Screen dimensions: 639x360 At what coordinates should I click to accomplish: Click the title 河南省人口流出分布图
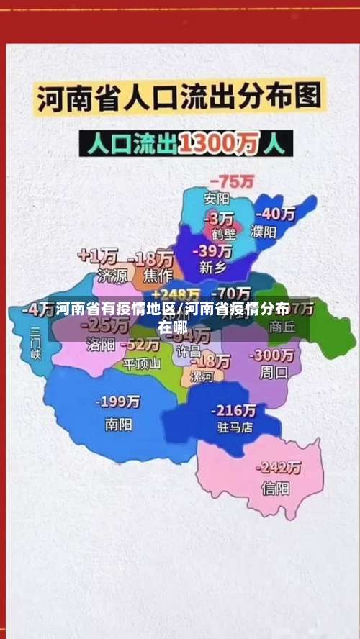(179, 99)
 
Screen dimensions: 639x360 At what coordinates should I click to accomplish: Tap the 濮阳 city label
(264, 232)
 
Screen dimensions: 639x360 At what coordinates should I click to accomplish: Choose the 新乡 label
(213, 267)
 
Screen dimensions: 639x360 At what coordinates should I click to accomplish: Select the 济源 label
(112, 275)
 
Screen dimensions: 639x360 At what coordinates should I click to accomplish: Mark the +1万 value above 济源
(98, 256)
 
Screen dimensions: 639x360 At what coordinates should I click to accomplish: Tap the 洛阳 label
(100, 345)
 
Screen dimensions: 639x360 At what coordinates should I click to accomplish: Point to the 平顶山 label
(142, 363)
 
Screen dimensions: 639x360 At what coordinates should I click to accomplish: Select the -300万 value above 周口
(271, 355)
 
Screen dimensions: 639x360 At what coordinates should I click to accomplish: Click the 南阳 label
(118, 425)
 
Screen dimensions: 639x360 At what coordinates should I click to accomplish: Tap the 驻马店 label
(234, 427)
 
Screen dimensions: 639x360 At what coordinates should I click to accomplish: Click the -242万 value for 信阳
(279, 467)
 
